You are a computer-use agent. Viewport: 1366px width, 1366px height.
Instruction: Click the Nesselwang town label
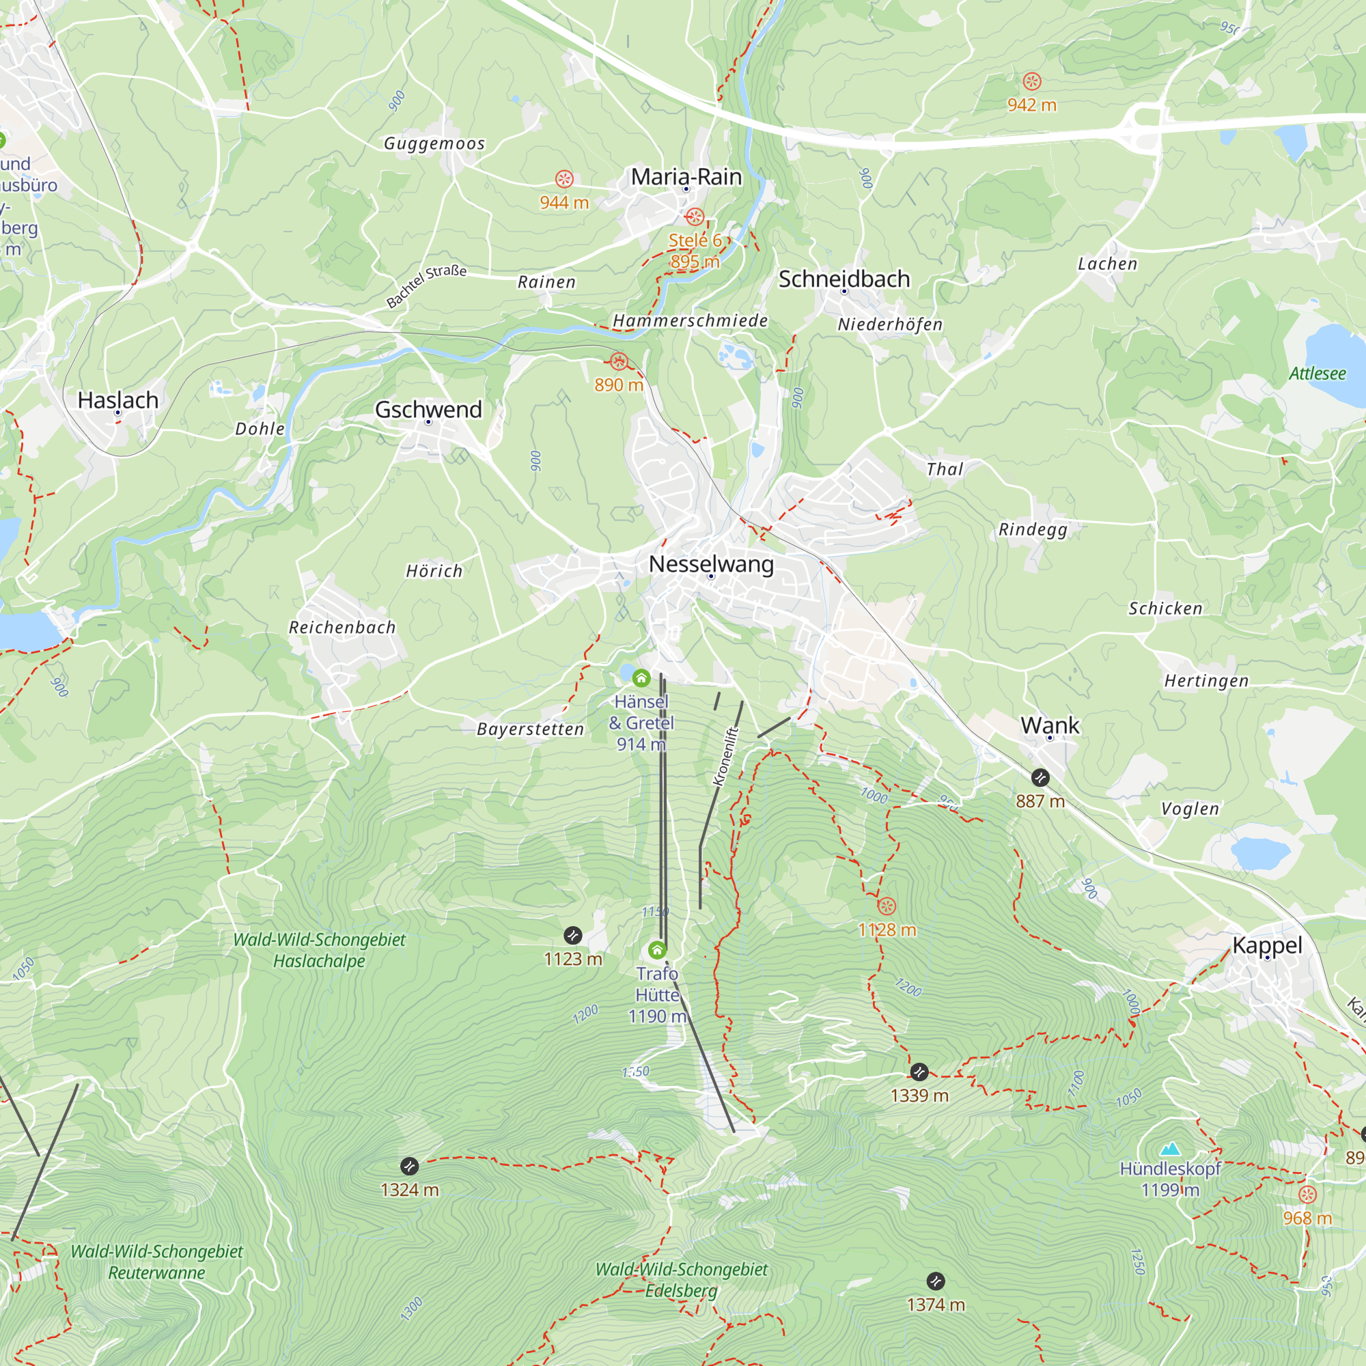[x=711, y=564]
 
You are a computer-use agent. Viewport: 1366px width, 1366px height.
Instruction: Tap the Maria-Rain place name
[x=686, y=177]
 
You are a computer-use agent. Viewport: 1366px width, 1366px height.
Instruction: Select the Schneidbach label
[x=844, y=279]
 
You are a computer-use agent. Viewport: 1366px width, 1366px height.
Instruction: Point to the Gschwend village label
[x=428, y=409]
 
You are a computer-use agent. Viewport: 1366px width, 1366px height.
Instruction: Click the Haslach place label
[x=118, y=400]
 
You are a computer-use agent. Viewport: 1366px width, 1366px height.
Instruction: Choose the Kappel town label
[x=1267, y=945]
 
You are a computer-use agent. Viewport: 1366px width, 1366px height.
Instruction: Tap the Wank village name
[x=1050, y=725]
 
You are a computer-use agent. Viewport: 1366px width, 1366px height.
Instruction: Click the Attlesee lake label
[x=1318, y=374]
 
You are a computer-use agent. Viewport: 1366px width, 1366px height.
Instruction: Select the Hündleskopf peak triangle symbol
[x=1170, y=1148]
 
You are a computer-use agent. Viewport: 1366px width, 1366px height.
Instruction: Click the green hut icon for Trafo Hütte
[x=658, y=949]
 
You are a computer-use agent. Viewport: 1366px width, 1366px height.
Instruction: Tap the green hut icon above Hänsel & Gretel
[x=641, y=678]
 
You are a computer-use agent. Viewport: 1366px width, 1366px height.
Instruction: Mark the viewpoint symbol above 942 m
[x=1031, y=81]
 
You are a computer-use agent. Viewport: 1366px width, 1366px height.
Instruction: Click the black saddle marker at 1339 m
[x=919, y=1072]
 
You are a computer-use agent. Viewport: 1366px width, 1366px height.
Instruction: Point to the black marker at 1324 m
[x=409, y=1166]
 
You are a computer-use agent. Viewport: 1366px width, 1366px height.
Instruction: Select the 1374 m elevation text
[x=936, y=1305]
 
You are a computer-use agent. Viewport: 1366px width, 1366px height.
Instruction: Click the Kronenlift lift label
[x=725, y=757]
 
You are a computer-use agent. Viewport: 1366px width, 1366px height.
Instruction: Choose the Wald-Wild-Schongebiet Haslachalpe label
[x=320, y=949]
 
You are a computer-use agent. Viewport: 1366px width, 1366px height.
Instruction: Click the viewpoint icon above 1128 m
[x=887, y=906]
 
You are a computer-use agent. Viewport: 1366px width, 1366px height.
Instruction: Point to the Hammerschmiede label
[x=690, y=321]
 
